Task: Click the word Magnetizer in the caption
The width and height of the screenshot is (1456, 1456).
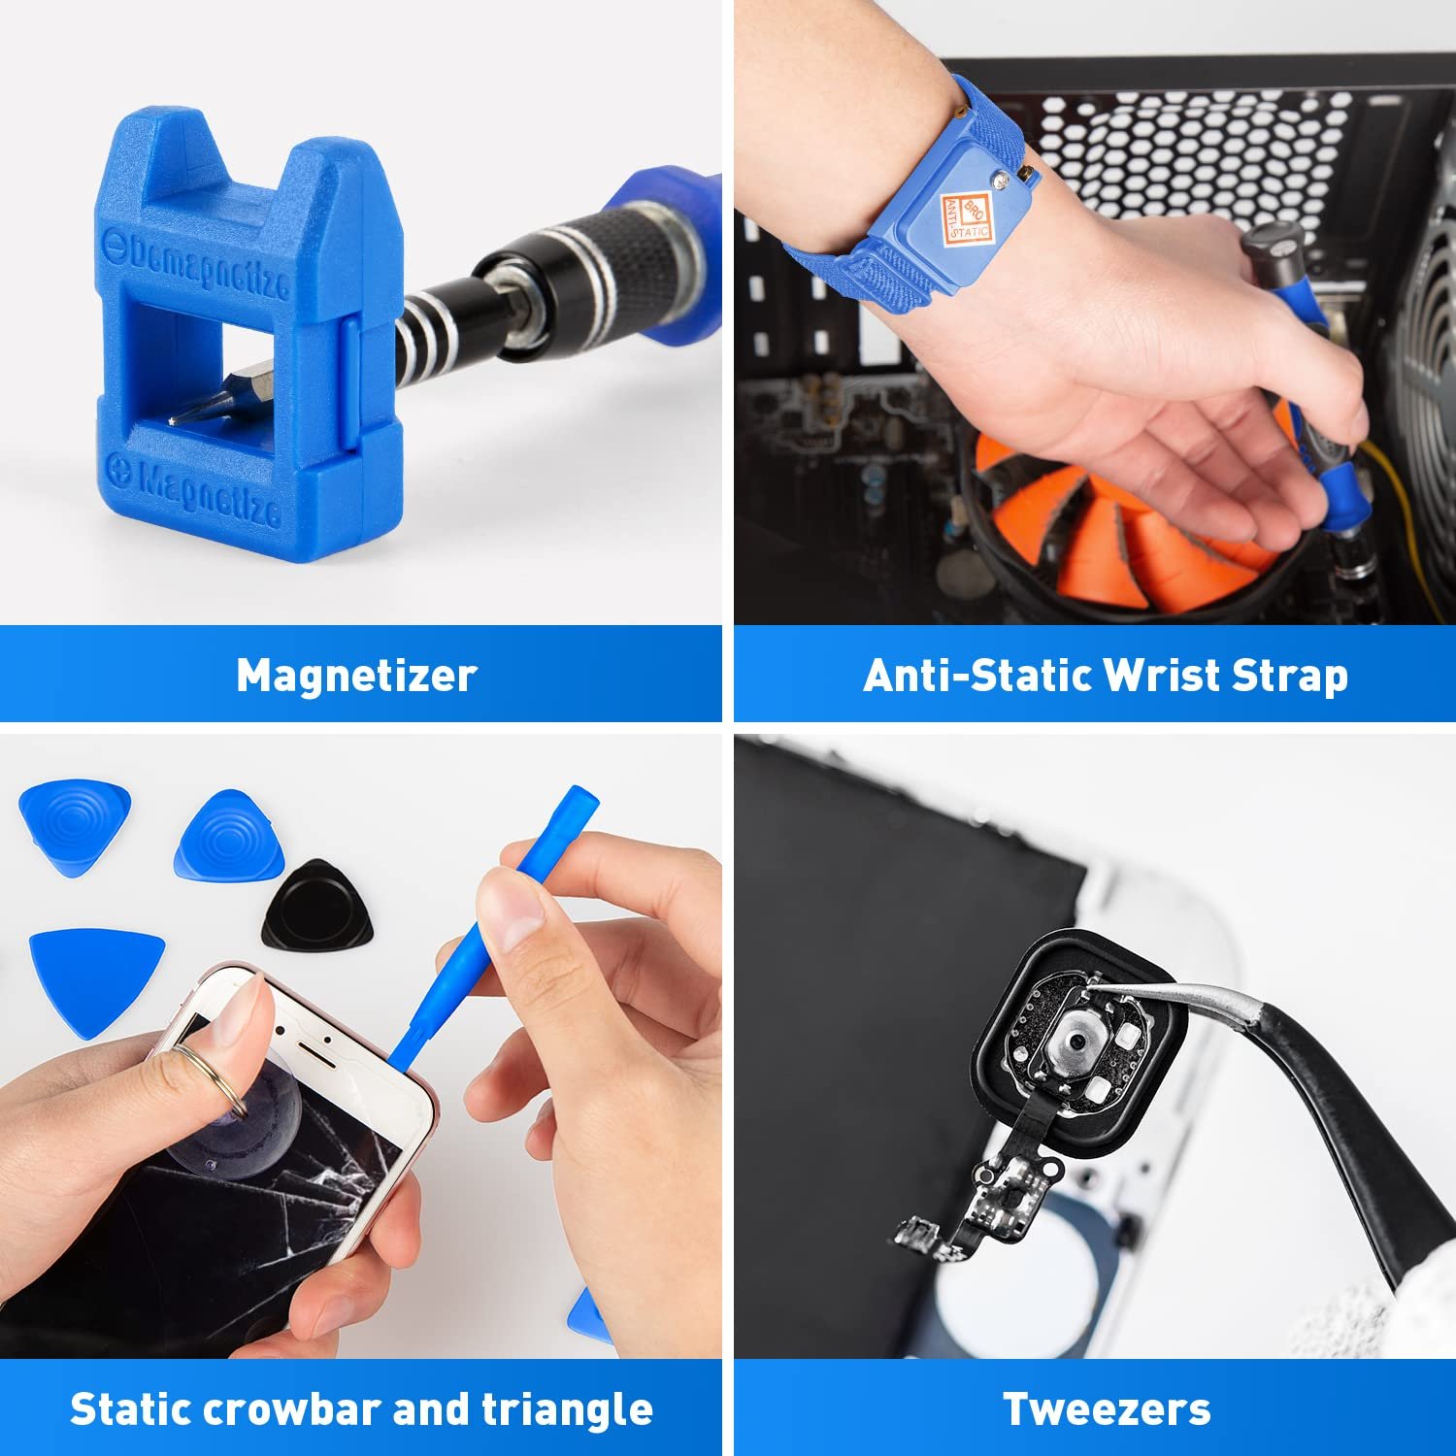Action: point(356,676)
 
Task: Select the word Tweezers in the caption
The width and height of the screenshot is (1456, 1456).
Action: point(1107,1409)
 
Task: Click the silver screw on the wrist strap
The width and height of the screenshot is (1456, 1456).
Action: point(999,181)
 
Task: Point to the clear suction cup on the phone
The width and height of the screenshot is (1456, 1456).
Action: point(238,1116)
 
